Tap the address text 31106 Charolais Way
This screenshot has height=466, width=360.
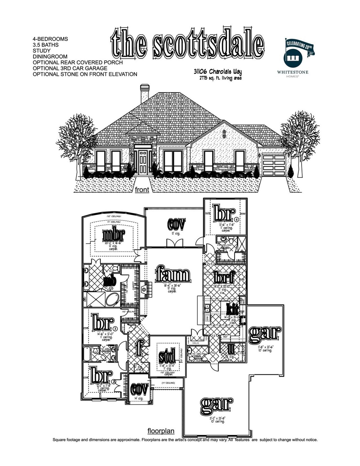click(218, 72)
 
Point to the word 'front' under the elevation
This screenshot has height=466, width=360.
click(142, 190)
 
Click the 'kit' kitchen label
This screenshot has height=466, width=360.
click(233, 309)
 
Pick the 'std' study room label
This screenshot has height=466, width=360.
click(167, 356)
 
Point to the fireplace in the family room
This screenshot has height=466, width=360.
click(144, 289)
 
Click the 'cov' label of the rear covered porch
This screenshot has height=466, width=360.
click(176, 224)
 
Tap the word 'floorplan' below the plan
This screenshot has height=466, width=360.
click(161, 431)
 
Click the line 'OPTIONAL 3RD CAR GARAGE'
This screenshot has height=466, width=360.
click(70, 68)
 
